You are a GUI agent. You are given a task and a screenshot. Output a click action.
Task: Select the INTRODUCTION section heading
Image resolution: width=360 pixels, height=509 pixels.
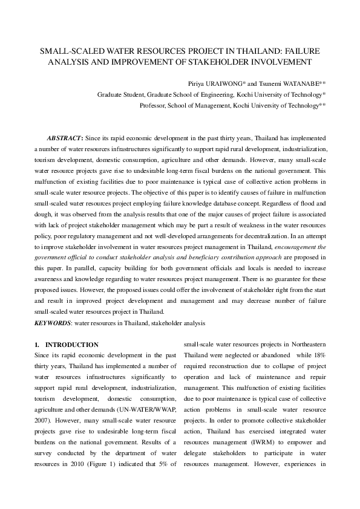point(74,345)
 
